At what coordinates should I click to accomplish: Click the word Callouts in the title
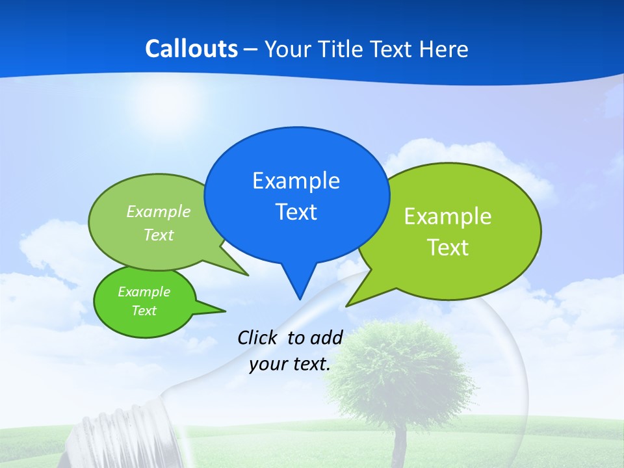tap(191, 49)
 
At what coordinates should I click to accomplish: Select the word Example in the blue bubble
tap(296, 181)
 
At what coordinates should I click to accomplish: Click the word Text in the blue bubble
tap(296, 212)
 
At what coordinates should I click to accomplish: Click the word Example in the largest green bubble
tap(448, 216)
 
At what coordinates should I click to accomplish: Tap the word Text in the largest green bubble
tap(448, 248)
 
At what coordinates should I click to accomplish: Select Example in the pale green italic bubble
tap(159, 212)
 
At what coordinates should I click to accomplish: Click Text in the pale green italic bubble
tap(159, 235)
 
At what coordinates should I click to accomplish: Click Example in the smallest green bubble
tap(144, 292)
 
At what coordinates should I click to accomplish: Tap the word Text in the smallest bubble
tap(144, 311)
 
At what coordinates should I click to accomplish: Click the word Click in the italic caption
tap(259, 337)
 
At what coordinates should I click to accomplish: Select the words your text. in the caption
tap(290, 364)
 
